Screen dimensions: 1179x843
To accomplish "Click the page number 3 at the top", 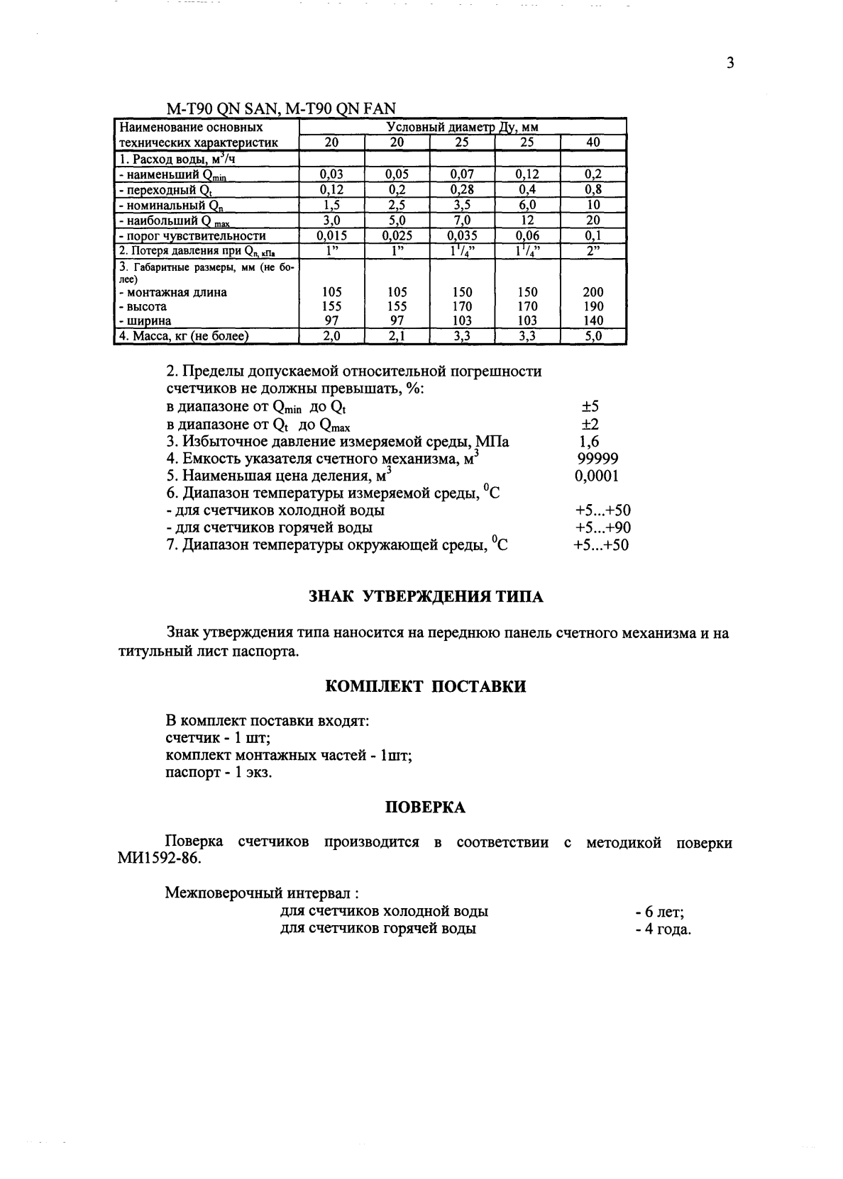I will pyautogui.click(x=729, y=63).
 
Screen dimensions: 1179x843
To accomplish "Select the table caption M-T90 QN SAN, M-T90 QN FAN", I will pyautogui.click(x=280, y=108).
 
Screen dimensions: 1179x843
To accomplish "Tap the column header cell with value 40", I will pyautogui.click(x=593, y=143).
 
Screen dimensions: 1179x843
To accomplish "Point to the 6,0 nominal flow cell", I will pyautogui.click(x=527, y=205).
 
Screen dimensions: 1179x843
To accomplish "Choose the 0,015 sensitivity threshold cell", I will pyautogui.click(x=331, y=236).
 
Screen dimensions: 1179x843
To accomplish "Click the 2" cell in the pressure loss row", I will pyautogui.click(x=593, y=251).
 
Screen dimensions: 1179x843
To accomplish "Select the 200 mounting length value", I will pyautogui.click(x=593, y=292).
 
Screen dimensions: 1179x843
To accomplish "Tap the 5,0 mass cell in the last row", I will pyautogui.click(x=593, y=337).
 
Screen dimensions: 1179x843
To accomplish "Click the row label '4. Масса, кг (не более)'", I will pyautogui.click(x=184, y=337).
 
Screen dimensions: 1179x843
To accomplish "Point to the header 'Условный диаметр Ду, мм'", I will pyautogui.click(x=462, y=128).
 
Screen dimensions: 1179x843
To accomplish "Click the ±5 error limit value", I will pyautogui.click(x=590, y=407).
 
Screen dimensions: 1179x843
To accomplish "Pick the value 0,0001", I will pyautogui.click(x=596, y=476).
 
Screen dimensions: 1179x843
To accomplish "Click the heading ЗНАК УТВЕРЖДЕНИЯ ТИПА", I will pyautogui.click(x=426, y=597).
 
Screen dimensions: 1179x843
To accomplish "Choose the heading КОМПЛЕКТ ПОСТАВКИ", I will pyautogui.click(x=426, y=687).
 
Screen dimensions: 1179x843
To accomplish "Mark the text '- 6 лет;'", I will pyautogui.click(x=659, y=912).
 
